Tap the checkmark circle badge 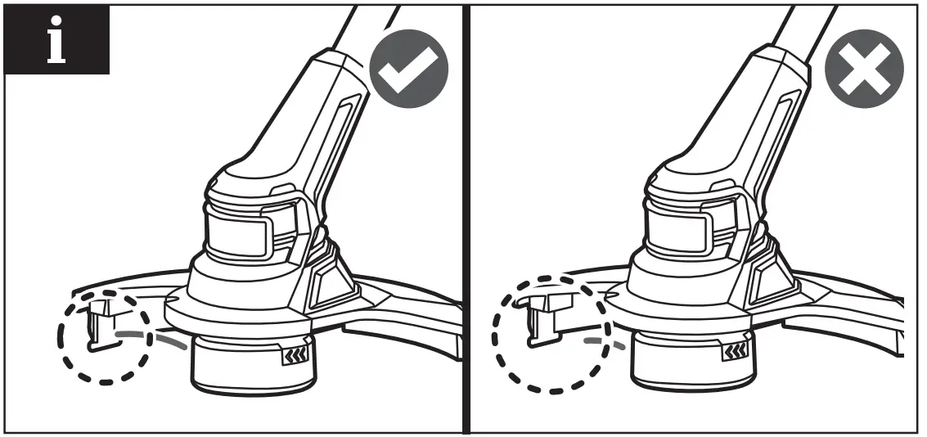coord(409,71)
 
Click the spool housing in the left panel coord(245,364)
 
